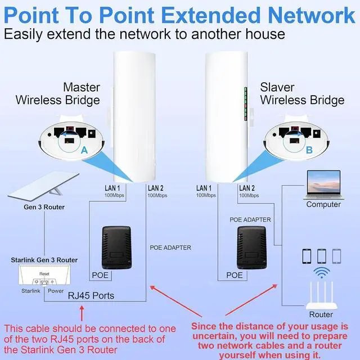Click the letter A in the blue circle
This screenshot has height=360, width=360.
click(x=84, y=151)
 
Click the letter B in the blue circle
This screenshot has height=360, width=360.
click(x=309, y=150)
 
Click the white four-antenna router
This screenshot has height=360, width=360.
click(x=321, y=298)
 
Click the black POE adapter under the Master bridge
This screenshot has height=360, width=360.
click(x=117, y=247)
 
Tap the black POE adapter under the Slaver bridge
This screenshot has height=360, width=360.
click(x=251, y=247)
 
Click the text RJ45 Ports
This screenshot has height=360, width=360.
click(x=91, y=295)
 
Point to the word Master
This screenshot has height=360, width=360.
click(x=82, y=87)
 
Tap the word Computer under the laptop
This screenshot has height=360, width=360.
click(x=323, y=204)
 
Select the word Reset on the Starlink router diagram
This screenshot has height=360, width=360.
click(x=44, y=273)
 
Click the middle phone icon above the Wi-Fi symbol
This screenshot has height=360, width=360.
click(x=321, y=256)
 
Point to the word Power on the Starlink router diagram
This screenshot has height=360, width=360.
click(x=56, y=291)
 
